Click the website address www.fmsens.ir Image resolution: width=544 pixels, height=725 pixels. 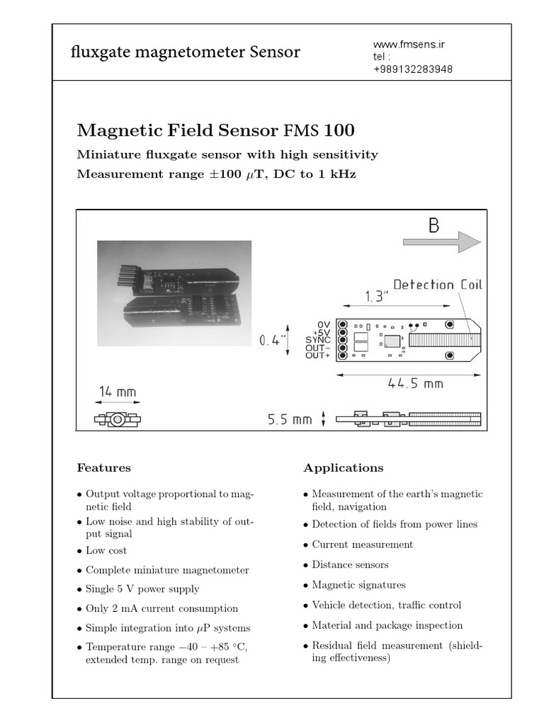[x=408, y=44]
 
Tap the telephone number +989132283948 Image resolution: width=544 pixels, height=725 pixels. [x=413, y=69]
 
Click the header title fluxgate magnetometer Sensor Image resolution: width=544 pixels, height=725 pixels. [x=186, y=52]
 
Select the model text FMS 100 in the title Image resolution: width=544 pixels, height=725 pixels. [x=319, y=131]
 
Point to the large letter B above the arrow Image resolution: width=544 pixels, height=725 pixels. [x=433, y=226]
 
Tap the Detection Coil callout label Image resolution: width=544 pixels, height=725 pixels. [x=437, y=285]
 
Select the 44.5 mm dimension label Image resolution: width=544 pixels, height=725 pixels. [x=415, y=383]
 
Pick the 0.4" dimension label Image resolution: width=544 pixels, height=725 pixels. [x=273, y=340]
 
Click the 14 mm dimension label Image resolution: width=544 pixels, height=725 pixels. [x=118, y=392]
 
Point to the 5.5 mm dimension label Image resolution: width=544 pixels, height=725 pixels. [x=289, y=419]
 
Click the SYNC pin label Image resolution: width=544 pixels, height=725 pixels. [x=318, y=340]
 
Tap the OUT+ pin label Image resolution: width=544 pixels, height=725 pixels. [x=318, y=355]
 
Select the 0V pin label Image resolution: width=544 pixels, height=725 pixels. [x=323, y=324]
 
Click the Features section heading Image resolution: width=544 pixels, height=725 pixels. [x=103, y=468]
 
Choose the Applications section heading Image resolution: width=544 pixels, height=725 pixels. [x=343, y=468]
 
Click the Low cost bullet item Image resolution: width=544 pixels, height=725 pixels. [x=106, y=550]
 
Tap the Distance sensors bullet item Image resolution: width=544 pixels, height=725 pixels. [x=350, y=565]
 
